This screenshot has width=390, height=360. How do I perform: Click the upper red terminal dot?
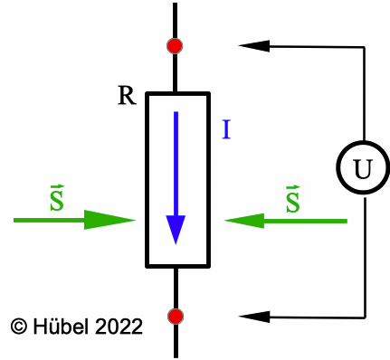pos(176,45)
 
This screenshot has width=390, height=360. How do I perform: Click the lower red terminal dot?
pos(176,316)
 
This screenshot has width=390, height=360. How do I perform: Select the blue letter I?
pos(226,130)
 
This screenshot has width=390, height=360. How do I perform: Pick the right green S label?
pos(292,199)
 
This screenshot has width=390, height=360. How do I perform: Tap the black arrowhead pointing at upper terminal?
pos(252,44)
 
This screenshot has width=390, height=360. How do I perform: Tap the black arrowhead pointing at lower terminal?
pos(252,316)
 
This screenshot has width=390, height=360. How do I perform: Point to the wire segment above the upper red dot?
pos(176,18)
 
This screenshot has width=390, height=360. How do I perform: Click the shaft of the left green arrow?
pos(50,220)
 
